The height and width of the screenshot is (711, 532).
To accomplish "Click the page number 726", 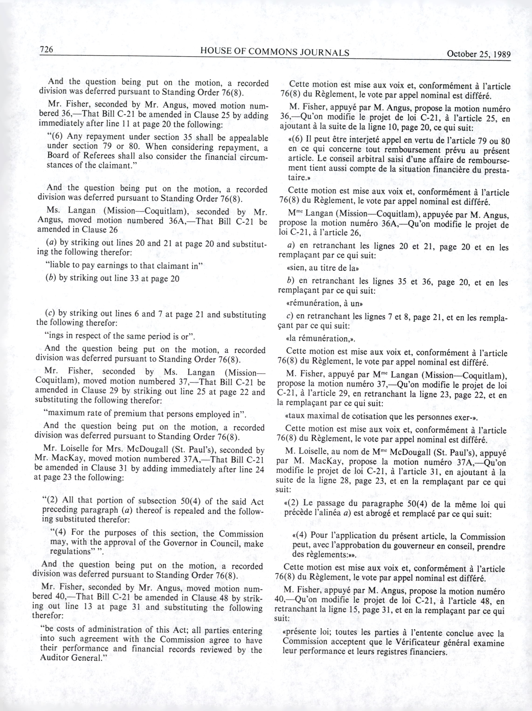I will pyautogui.click(x=46, y=49).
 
